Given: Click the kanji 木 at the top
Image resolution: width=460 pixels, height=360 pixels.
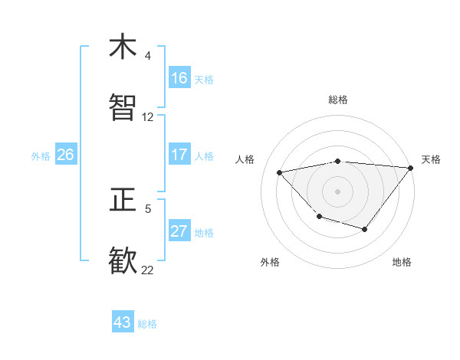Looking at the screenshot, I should pos(123,47).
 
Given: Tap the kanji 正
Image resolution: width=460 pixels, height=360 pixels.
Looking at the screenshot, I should pos(123,200).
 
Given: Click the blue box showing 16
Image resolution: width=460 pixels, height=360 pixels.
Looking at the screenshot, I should pos(179,78).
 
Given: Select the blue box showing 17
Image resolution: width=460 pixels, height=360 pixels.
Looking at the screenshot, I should pos(179,155).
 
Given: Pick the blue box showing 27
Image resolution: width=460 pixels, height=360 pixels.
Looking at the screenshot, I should pos(179,231).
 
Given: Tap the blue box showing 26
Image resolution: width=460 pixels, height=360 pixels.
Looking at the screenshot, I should pos(65,155).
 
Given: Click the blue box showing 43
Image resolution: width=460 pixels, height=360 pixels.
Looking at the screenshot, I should pos(123,322).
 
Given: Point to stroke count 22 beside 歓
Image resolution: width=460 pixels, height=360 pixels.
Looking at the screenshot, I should pos(147,269).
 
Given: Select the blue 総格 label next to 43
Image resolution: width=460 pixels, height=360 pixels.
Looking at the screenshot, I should pos(147,324).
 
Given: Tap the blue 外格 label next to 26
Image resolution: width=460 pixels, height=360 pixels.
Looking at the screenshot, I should pos(41,156).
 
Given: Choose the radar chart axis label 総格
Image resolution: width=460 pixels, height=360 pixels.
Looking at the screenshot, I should pos(337,100).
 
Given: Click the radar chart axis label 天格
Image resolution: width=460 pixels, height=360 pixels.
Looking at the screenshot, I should pos(431,159).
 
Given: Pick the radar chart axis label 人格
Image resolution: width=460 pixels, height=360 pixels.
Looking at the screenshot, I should pos(245,159).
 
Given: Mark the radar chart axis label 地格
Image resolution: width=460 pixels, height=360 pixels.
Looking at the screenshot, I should pos(402,262).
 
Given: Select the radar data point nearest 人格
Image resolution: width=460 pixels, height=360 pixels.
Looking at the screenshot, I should pos(280,172).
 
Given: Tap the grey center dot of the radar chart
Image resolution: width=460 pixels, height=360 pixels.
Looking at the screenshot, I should pos(337,191).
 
